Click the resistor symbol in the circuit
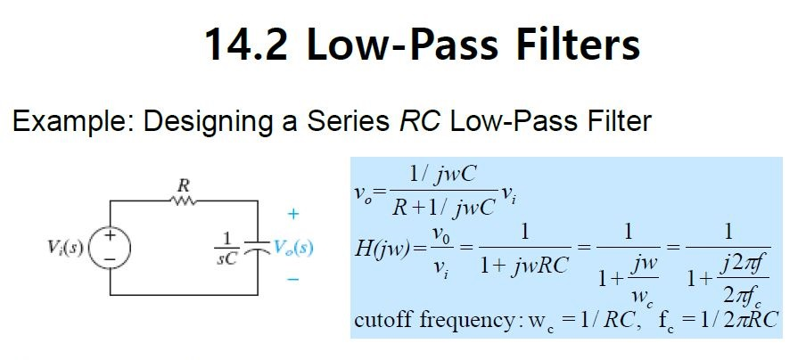click(x=183, y=201)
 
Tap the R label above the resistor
click(x=183, y=185)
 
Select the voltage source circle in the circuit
click(x=112, y=247)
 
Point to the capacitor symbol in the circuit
click(x=256, y=247)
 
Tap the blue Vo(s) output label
click(x=293, y=247)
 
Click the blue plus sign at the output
click(x=292, y=215)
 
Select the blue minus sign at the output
click(x=292, y=280)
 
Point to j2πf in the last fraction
click(x=743, y=263)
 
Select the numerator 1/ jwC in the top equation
click(x=442, y=175)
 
